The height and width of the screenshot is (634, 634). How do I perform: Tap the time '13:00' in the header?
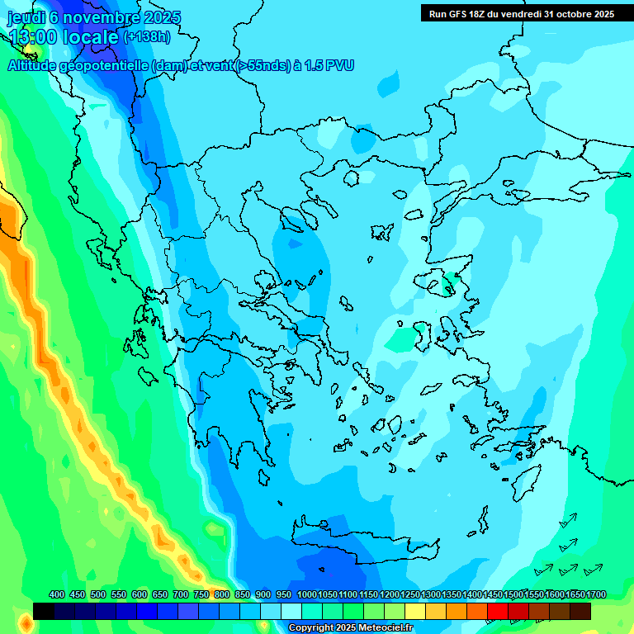[x=33, y=36]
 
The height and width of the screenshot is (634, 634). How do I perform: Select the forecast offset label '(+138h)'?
[x=147, y=36]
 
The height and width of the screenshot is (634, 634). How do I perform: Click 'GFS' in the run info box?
[x=459, y=13]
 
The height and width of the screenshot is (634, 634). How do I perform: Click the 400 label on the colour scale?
[x=57, y=595]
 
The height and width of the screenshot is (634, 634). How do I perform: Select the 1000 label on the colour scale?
[x=306, y=595]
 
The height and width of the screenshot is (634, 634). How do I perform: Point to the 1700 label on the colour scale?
[x=596, y=595]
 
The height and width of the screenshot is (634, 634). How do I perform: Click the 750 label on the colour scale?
[x=201, y=595]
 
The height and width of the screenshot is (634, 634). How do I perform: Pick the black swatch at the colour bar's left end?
[x=44, y=611]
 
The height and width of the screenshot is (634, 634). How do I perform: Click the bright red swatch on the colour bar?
[x=498, y=611]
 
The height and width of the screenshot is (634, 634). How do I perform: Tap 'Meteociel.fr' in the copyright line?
[x=383, y=628]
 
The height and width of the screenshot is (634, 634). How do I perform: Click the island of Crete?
[x=355, y=537]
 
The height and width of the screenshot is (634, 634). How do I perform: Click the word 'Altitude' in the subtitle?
[x=36, y=65]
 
